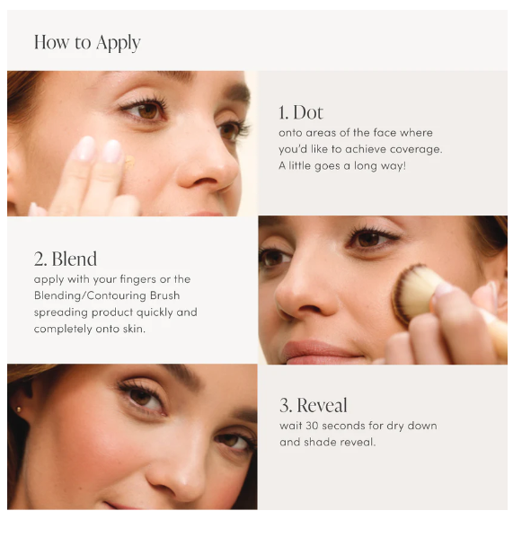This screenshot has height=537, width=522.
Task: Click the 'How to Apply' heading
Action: point(87,43)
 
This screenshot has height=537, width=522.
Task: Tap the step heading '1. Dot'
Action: point(301,112)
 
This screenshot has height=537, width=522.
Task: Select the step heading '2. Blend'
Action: point(66,259)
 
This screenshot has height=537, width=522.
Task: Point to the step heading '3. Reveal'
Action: point(314,405)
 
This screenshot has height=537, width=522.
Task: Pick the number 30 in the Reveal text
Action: point(313,426)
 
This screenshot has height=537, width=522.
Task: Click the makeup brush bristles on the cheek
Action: point(412,293)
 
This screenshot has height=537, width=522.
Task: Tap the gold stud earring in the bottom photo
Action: point(19,409)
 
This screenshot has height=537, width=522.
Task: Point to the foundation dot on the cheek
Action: point(129,162)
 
